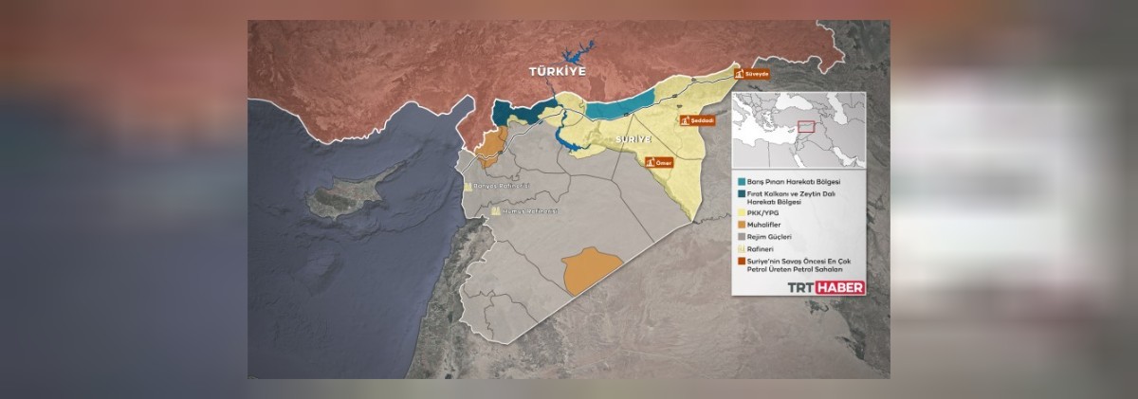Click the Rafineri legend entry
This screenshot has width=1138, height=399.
coord(764,248)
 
